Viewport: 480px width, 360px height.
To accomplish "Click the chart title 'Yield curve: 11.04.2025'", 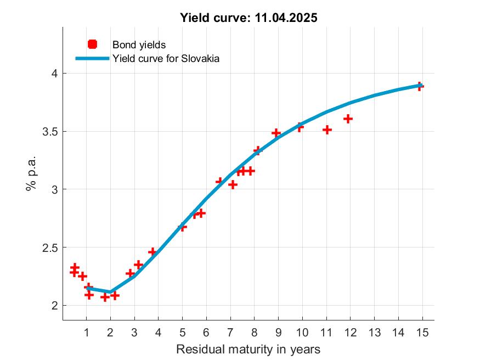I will (x=249, y=18).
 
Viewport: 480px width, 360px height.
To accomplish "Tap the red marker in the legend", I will (x=92, y=44).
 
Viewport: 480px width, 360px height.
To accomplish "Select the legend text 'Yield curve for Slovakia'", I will (x=166, y=58).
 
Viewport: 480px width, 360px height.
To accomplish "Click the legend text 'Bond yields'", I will (x=139, y=44).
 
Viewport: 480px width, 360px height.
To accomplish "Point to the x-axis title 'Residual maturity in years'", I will (x=248, y=349).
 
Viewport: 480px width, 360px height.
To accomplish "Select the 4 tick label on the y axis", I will (x=54, y=74).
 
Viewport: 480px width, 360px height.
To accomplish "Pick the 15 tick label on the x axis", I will (x=422, y=332).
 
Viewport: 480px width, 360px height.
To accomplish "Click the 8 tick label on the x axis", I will (x=254, y=332).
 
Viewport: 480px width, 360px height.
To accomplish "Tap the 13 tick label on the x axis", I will (x=374, y=332).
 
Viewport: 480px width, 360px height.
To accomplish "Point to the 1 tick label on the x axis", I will (x=86, y=332).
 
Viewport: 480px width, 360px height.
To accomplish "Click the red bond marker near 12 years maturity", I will (x=348, y=119).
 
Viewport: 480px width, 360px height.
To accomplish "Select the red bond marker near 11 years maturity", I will (x=327, y=130).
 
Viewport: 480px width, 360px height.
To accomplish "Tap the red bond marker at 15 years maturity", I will (x=420, y=86).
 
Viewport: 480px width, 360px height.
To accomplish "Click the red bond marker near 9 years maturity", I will (x=276, y=133).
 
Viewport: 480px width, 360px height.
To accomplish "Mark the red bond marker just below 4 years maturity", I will (x=153, y=252).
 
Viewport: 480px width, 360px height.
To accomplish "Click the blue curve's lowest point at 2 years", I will (x=110, y=292).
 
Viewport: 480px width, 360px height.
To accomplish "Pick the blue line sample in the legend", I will (x=92, y=58).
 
